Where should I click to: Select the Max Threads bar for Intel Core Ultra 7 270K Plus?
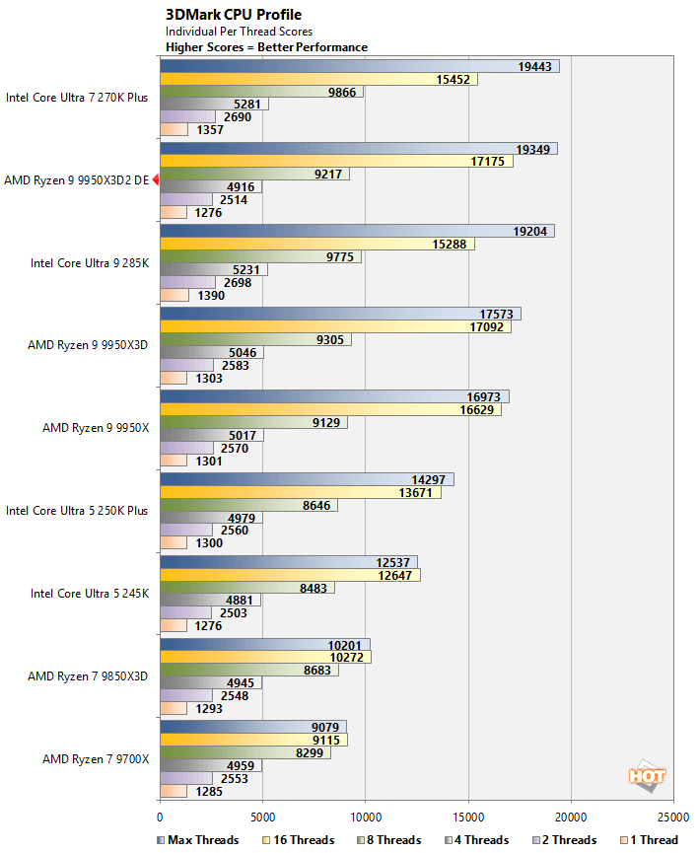(x=359, y=66)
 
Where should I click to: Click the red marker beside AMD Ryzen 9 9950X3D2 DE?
(x=155, y=180)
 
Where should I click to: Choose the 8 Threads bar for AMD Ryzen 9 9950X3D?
(x=254, y=339)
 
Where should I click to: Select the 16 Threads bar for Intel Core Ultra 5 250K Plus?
(x=300, y=492)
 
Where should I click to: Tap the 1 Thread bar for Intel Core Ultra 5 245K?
(x=173, y=625)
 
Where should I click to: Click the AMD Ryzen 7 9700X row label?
(x=96, y=759)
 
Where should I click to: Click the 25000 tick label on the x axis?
(x=673, y=817)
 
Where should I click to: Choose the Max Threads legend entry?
(x=198, y=840)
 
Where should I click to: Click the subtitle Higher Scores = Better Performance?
(x=266, y=46)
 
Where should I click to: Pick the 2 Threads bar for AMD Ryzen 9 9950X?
(x=185, y=448)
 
